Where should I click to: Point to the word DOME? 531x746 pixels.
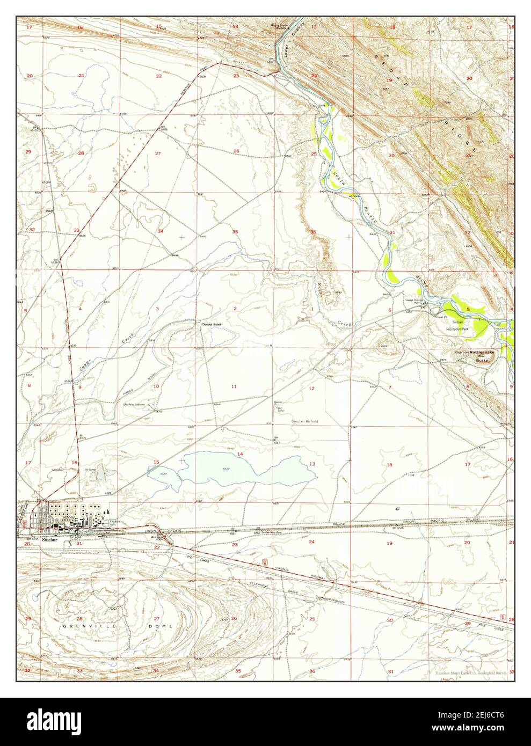tap(164, 626)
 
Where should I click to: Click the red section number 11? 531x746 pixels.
tap(234, 386)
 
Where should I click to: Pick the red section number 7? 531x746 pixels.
tap(390, 387)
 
